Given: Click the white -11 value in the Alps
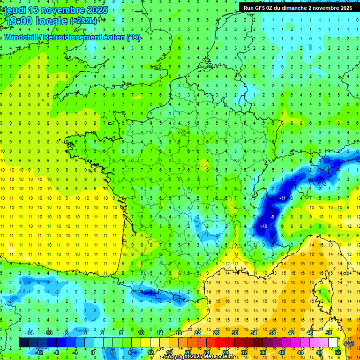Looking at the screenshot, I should coord(283,199).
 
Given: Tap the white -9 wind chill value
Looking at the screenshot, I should coord(272,217).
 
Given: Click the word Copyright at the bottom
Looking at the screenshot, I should coord(178,357).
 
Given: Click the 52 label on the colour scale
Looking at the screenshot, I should coord(338,352).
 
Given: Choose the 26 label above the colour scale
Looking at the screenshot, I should coord(216,333).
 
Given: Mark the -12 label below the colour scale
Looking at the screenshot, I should coord(39,352).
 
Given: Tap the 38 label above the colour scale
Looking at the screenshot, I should coord(272,333).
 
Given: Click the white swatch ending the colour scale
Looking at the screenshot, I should coord(333,343).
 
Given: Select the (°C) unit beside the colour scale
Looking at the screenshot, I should coord(349,343).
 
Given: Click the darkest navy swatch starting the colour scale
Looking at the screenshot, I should coord(23,343).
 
